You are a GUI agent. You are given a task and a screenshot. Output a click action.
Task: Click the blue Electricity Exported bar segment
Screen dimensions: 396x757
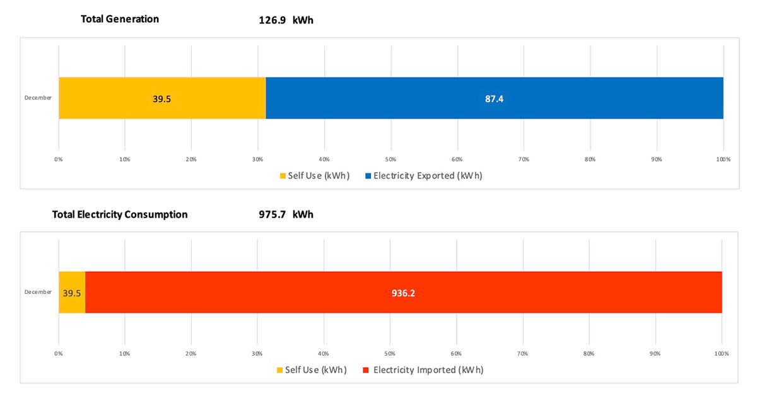tap(494, 98)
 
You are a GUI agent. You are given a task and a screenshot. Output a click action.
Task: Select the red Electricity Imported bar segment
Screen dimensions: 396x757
tap(404, 293)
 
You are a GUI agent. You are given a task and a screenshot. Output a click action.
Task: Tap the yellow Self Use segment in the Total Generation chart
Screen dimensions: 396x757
tap(162, 98)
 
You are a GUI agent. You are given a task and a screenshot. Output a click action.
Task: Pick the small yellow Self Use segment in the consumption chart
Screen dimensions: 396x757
tap(72, 293)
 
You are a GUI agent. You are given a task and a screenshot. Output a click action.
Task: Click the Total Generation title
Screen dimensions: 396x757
tap(120, 19)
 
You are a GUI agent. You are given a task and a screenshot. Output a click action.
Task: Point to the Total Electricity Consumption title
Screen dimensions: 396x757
tap(120, 214)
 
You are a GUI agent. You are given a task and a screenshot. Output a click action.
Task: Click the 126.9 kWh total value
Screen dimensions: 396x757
tap(286, 20)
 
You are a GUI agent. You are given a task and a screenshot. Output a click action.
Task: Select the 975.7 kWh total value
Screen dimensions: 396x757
tap(286, 214)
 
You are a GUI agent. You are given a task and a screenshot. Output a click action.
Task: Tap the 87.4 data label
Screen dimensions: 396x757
tap(494, 98)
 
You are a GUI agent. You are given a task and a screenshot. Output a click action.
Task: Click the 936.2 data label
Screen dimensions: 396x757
tap(404, 293)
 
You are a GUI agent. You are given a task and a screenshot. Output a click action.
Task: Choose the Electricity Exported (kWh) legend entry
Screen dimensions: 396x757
tap(423, 176)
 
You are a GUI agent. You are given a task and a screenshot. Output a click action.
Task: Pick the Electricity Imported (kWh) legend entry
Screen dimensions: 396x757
tap(423, 370)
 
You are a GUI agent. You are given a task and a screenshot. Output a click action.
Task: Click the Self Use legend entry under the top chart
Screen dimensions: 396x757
tap(314, 176)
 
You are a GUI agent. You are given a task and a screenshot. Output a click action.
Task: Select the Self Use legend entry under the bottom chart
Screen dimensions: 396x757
tap(312, 370)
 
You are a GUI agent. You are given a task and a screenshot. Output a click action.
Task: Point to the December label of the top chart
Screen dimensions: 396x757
tap(38, 98)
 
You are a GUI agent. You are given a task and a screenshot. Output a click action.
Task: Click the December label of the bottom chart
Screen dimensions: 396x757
tap(38, 292)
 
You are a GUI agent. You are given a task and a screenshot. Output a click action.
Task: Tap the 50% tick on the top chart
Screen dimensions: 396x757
tap(390, 160)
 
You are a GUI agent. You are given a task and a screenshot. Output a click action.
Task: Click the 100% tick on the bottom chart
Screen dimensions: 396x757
tap(722, 354)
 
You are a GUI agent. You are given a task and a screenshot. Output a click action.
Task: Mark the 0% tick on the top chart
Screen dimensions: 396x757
tap(59, 160)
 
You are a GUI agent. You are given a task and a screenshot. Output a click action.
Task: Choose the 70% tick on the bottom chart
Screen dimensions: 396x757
tap(523, 354)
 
